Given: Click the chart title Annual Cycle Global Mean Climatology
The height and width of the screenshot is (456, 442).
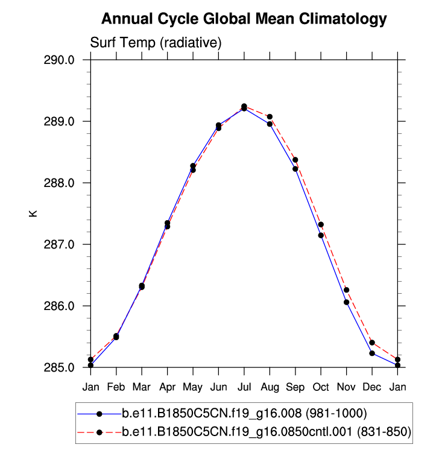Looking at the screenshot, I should [x=244, y=19].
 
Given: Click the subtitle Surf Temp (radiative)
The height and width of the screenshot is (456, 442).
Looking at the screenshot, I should [x=156, y=43].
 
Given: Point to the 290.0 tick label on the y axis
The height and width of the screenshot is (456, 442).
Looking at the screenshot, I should [x=58, y=60].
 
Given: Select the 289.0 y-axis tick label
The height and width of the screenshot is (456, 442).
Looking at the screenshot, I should [x=58, y=122].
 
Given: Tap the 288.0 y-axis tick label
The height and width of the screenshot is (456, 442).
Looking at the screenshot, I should [x=58, y=183].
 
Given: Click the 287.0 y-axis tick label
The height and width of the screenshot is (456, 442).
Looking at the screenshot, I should [x=58, y=245].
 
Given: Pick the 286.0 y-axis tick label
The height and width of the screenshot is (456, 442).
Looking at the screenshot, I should [x=58, y=306].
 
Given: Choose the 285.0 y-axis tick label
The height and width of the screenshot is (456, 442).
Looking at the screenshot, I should [x=58, y=368].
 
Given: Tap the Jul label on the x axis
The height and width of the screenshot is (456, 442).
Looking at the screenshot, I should [x=244, y=386].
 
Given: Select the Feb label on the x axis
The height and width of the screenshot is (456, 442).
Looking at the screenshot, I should [x=116, y=386].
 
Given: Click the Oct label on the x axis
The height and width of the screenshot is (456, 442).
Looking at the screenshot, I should [x=321, y=386].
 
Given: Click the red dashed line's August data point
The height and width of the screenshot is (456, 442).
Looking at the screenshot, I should [x=270, y=116].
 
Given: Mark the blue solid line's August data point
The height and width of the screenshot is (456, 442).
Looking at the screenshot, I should [x=270, y=124].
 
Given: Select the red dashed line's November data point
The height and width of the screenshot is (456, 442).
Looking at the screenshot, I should [x=347, y=290].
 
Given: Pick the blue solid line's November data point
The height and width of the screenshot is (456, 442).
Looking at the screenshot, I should [x=347, y=302].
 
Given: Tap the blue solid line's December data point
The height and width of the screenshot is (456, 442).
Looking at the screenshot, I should [x=372, y=353].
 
